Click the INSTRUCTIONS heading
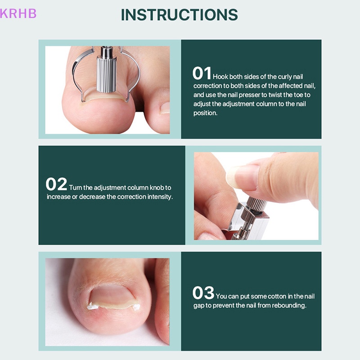click(179, 14)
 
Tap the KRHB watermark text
click(18, 13)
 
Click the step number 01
click(202, 74)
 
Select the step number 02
click(56, 184)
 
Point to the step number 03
click(203, 293)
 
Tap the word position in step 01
click(206, 113)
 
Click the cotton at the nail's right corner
click(135, 307)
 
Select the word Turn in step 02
click(76, 188)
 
